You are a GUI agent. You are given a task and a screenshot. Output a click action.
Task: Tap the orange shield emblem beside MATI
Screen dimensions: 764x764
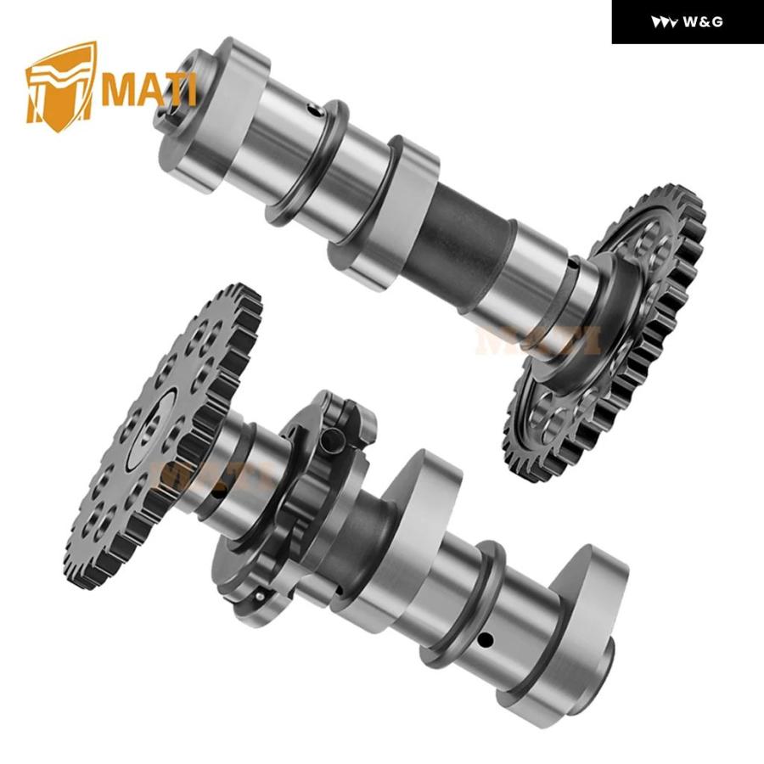(61, 87)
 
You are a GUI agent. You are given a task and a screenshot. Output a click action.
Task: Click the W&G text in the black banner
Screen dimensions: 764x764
(703, 22)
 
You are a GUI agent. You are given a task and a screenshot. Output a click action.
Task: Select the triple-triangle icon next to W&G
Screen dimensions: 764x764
(664, 22)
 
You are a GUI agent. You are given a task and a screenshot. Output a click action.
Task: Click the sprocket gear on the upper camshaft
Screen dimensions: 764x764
(609, 331)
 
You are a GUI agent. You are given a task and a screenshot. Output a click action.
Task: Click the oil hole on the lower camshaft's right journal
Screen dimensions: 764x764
(486, 638)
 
